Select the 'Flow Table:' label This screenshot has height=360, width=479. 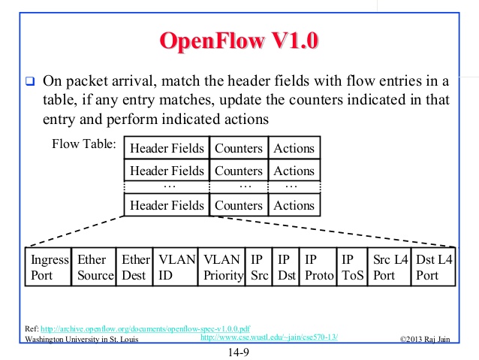click(83, 143)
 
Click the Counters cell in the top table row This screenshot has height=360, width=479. click(239, 148)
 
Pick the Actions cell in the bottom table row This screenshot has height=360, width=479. click(294, 205)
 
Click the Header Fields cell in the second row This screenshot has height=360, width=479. click(167, 171)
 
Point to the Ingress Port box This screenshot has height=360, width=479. click(49, 267)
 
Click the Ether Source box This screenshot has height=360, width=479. click(95, 267)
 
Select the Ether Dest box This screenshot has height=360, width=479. click(136, 267)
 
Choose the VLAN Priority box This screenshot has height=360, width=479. click(224, 267)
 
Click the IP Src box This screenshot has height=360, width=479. click(259, 267)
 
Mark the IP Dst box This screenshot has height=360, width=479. click(286, 267)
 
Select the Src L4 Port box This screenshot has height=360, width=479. click(390, 267)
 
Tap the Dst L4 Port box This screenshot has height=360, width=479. click(433, 267)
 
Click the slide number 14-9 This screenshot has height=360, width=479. click(239, 350)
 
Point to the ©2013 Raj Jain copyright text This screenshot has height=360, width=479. click(429, 339)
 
